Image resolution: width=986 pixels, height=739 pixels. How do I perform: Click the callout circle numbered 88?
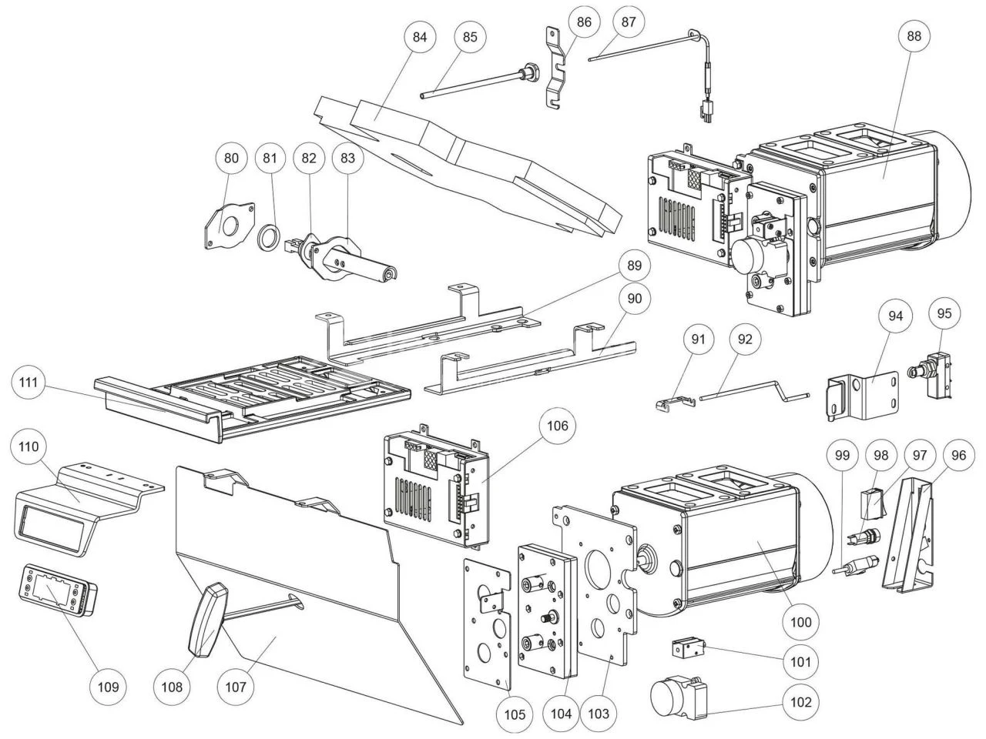click(x=914, y=36)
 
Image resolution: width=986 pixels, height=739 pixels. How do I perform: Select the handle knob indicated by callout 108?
click(x=206, y=621)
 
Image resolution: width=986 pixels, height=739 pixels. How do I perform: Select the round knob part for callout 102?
click(x=673, y=697)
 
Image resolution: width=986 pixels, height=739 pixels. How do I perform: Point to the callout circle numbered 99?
click(x=842, y=456)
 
